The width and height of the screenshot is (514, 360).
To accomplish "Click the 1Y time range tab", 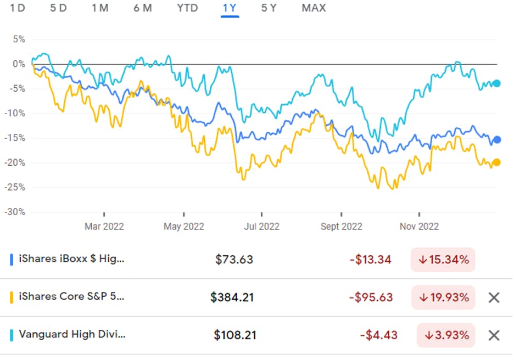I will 230,8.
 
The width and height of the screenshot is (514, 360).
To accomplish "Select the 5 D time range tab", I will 58,8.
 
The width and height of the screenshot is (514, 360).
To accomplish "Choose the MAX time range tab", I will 314,8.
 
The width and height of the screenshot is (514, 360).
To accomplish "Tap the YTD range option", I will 187,8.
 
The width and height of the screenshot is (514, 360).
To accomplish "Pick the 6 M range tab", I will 143,8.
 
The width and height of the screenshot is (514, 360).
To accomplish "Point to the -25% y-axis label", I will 16,187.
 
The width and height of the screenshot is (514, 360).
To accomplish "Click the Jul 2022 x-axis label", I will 261,226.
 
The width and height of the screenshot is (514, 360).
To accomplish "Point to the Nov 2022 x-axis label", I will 419,226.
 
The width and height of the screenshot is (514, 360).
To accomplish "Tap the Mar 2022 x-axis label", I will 104,226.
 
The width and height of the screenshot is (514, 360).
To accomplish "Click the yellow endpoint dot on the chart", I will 496,162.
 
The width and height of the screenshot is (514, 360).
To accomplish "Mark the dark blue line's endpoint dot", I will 497,140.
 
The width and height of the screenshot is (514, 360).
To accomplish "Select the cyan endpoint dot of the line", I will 496,83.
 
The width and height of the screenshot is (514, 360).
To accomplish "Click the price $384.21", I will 232,297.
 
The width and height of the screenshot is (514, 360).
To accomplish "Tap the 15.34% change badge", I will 443,260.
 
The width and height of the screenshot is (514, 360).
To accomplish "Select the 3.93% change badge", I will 446,335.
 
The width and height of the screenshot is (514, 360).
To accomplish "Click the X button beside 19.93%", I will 494,297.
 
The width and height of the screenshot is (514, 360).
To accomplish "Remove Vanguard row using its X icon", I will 494,335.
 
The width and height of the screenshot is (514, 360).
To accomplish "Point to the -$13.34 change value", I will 371,260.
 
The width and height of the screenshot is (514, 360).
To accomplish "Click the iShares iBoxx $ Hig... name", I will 71,259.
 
